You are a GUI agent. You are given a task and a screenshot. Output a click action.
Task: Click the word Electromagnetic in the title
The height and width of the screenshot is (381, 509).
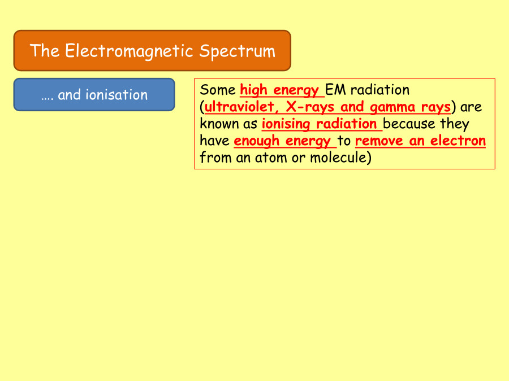129,51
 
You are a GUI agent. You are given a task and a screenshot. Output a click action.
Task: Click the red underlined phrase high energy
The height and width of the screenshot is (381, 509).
279,90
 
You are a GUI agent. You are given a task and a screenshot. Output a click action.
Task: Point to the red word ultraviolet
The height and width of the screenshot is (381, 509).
237,107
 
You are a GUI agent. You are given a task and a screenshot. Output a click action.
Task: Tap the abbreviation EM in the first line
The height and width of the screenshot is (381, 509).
337,90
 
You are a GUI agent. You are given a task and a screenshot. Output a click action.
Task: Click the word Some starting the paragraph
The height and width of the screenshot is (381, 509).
218,90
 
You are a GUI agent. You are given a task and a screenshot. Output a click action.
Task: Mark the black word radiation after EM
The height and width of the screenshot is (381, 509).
380,90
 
